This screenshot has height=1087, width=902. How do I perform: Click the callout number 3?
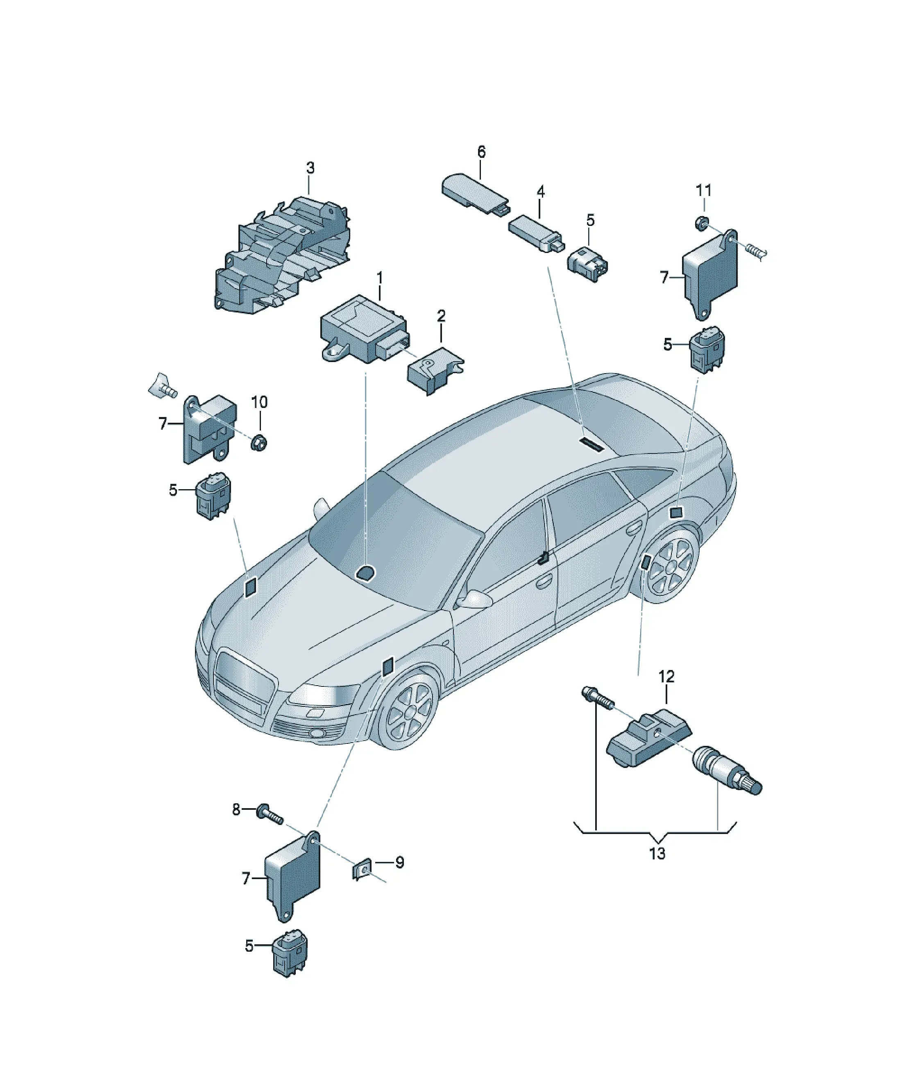pos(310,168)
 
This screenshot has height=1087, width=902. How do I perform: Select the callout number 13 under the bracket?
pos(657,854)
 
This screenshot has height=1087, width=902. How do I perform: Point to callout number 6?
pos(481,152)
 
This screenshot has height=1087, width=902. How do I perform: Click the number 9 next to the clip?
pos(399,862)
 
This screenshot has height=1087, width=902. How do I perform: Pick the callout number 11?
pos(704,191)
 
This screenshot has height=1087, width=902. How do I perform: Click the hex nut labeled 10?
pos(258,443)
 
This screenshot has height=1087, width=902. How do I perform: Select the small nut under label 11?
pos(701,223)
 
